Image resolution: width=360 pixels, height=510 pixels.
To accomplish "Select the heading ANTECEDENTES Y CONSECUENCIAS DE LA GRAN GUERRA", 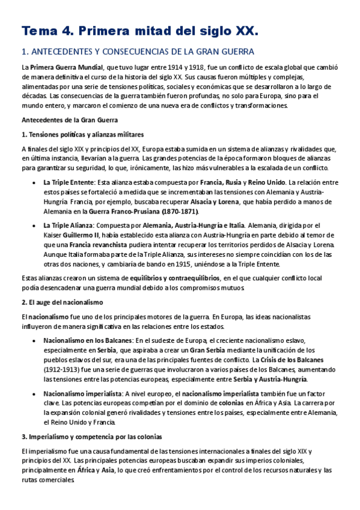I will (x=138, y=52).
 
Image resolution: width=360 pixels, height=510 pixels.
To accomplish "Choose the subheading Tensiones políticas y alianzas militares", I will (x=82, y=134).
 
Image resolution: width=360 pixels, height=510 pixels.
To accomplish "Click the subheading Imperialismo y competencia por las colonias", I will (x=92, y=436).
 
